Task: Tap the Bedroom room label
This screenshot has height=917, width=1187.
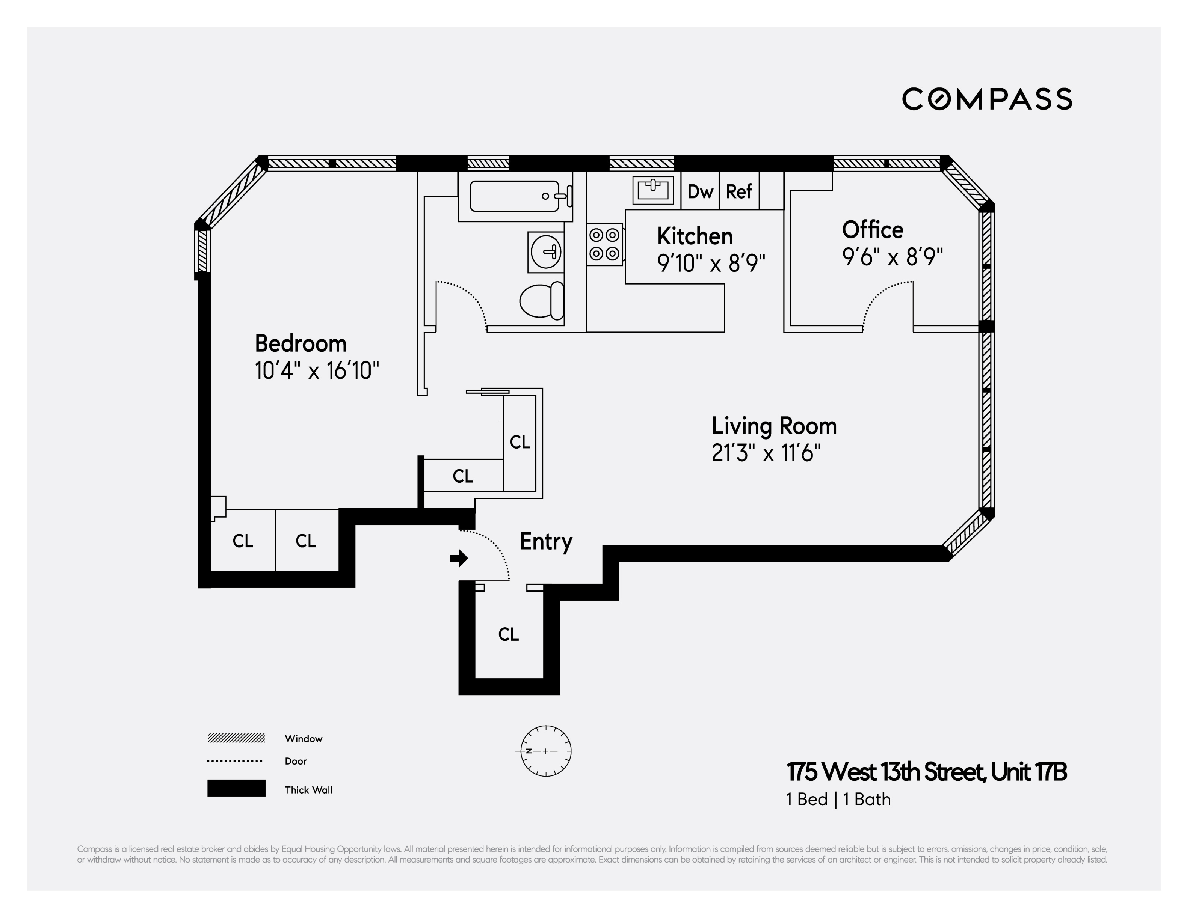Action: point(300,344)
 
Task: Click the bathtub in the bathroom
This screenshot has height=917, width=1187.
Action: point(515,196)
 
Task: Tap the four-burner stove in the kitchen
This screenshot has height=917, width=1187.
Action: point(604,244)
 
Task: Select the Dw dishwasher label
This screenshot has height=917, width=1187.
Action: point(700,191)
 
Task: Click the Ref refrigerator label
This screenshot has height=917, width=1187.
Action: point(738,191)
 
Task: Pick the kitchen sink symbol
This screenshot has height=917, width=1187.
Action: point(653,190)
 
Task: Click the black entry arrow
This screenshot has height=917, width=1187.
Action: point(459,558)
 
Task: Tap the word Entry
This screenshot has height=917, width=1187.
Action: point(546,541)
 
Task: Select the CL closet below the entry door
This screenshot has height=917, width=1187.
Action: point(508,634)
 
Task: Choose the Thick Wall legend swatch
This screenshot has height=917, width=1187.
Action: point(236,788)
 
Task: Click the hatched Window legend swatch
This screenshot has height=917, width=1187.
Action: point(236,738)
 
